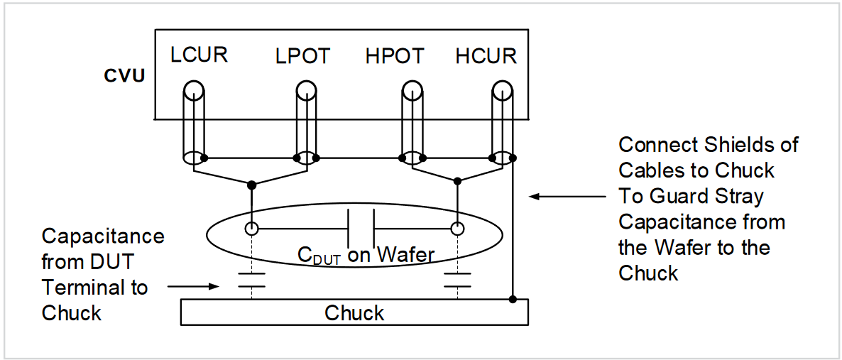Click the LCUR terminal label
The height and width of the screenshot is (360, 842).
(x=199, y=55)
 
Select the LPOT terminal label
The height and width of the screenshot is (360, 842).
(x=302, y=56)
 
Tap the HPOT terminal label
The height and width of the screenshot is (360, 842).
(x=395, y=56)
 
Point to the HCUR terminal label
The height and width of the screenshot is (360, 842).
(x=486, y=56)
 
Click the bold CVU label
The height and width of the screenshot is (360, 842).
(x=125, y=75)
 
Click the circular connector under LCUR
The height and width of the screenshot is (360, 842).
(x=194, y=90)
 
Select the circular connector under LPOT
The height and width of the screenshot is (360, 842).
(x=306, y=90)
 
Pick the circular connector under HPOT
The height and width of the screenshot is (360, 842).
(x=412, y=90)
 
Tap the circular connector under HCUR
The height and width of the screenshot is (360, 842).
(x=503, y=90)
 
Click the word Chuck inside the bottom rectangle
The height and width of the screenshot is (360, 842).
(x=354, y=313)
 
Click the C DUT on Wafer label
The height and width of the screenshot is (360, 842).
(x=365, y=254)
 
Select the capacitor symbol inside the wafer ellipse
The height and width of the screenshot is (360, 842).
(x=360, y=229)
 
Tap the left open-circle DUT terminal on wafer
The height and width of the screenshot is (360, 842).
(x=251, y=229)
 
